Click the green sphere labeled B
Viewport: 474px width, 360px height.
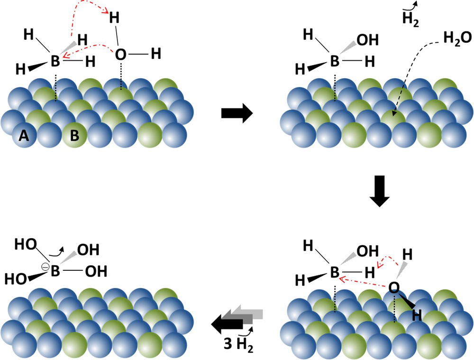click(74, 137)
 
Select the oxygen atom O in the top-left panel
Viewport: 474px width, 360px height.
click(121, 55)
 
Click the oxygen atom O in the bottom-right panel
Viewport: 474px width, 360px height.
click(393, 286)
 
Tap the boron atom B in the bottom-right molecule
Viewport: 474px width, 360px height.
click(335, 272)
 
